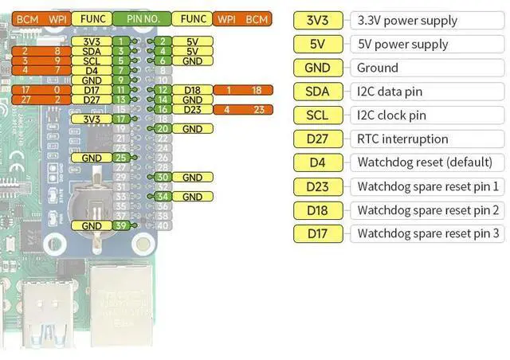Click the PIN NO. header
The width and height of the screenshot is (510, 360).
pos(140,18)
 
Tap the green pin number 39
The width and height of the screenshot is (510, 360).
pos(121,226)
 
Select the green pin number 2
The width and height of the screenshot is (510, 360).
pos(162,41)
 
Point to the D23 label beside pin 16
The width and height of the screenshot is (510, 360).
pos(192,109)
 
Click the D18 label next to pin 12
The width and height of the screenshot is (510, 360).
pos(192,90)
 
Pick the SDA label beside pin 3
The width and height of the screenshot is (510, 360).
pos(91,51)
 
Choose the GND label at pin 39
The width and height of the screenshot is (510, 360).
pos(91,226)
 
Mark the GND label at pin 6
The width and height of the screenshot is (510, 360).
pos(192,61)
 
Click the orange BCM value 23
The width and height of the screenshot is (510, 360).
pos(258,109)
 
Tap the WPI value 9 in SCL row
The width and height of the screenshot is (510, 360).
pos(56,61)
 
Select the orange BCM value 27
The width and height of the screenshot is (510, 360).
pos(25,100)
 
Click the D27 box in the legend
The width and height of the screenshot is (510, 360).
pos(318,139)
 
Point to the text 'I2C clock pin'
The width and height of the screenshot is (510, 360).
pos(391,115)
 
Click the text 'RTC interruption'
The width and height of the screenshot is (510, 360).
pos(402,139)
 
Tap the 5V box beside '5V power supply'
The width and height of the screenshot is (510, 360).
pos(318,45)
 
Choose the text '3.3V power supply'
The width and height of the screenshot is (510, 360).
pos(407,21)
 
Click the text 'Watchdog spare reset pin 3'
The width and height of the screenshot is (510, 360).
pos(429,233)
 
